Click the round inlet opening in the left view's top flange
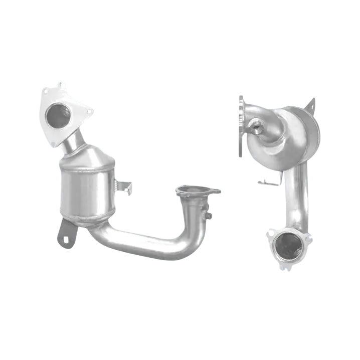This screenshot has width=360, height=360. point(58,115)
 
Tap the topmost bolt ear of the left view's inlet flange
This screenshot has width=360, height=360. point(61,86)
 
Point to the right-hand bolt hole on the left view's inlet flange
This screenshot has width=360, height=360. point(89,112)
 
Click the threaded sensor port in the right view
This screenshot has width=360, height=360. point(257,127)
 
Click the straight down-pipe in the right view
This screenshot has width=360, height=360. point(300,196)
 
